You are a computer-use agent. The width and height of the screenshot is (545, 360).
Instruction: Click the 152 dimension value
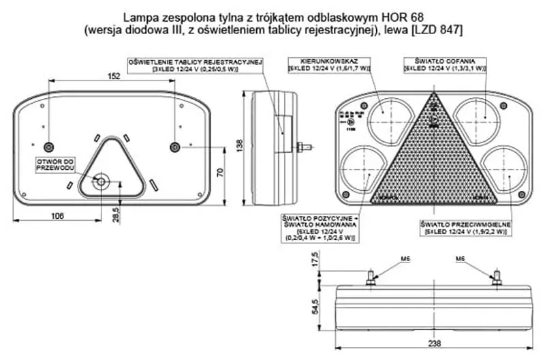[114, 76]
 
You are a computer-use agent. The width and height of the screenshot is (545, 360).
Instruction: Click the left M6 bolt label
[405, 260]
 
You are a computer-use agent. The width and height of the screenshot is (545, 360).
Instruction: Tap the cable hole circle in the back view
[102, 181]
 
